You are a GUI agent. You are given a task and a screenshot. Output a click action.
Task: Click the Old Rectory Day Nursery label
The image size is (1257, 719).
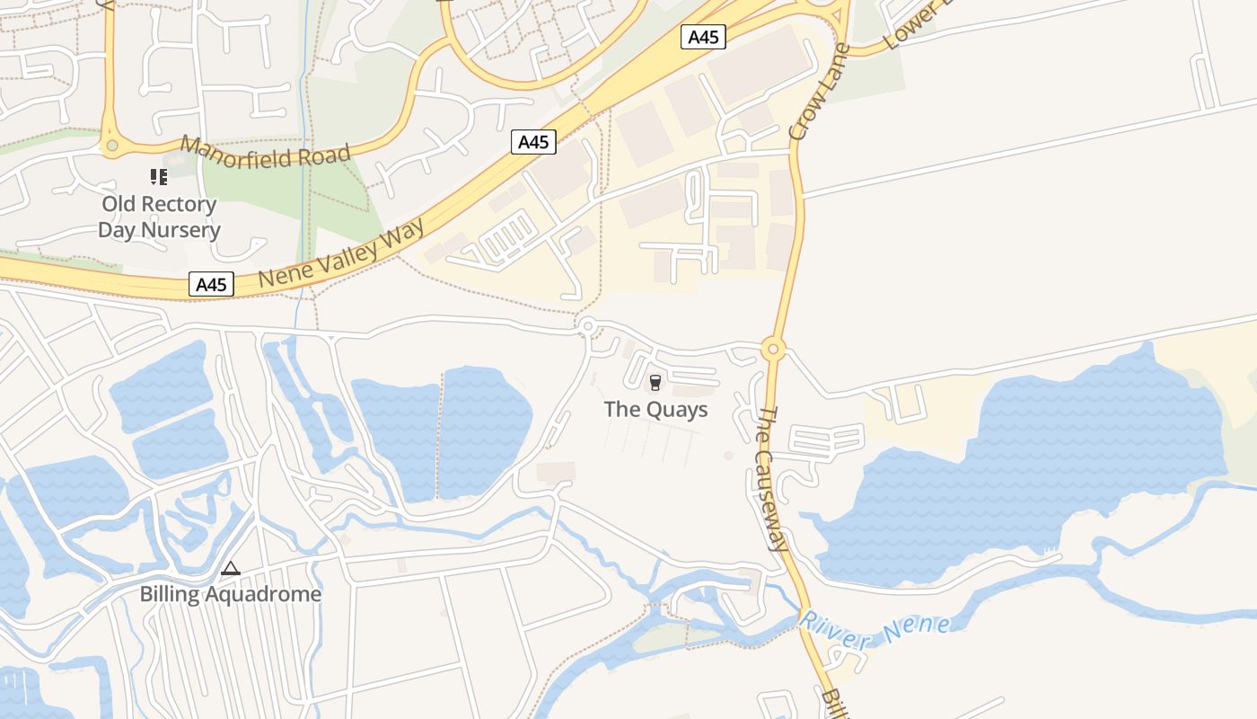158,217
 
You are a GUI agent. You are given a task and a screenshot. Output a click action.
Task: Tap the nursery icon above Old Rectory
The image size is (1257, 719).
159,177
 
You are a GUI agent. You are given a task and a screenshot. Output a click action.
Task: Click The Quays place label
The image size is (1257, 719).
655,410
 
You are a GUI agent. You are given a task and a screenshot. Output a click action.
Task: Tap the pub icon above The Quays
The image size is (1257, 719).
655,384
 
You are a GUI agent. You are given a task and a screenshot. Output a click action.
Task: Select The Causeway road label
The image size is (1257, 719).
771,478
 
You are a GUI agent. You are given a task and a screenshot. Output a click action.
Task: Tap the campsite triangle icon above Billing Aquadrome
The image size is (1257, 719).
231,568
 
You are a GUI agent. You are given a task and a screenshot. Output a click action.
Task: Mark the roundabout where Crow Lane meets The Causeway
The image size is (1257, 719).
772,349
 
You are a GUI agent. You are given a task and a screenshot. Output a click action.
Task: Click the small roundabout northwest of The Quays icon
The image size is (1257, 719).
588,326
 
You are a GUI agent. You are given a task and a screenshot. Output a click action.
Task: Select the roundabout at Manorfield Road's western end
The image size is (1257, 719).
111,145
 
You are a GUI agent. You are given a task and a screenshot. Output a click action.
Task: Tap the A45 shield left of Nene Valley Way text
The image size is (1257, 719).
212,285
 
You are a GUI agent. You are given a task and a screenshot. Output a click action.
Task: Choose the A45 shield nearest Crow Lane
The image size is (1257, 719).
703,37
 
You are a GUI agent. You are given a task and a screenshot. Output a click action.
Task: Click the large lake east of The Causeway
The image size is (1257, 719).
1033,467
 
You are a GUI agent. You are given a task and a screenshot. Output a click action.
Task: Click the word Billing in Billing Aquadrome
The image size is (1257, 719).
170,594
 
